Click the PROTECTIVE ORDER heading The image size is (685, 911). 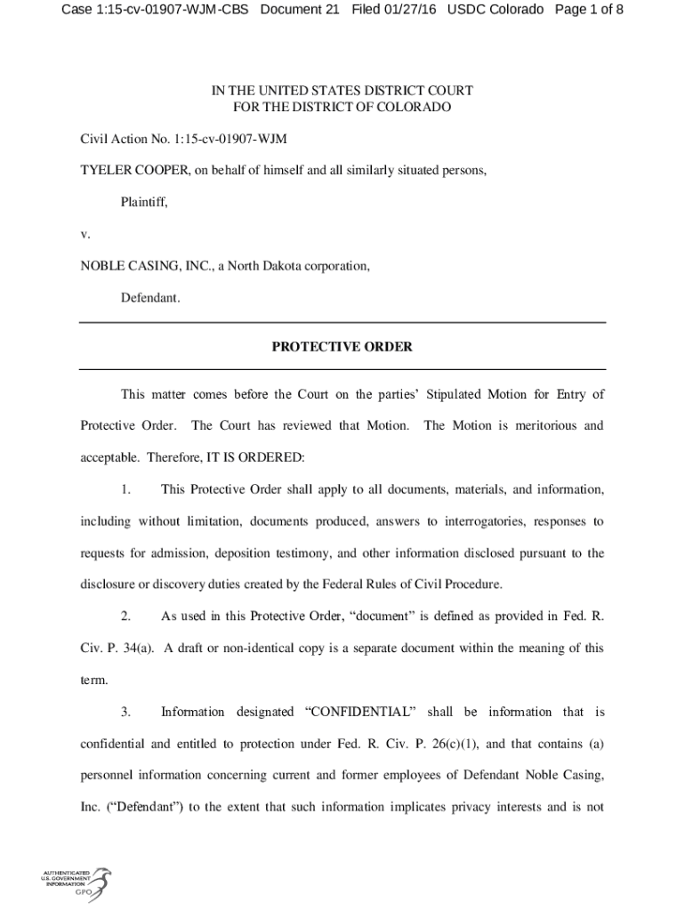(x=342, y=347)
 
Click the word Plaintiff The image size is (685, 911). (x=144, y=202)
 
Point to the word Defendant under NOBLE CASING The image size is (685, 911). (x=150, y=298)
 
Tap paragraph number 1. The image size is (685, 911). (x=125, y=489)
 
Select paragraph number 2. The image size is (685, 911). (x=125, y=616)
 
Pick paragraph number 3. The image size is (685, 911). (x=125, y=712)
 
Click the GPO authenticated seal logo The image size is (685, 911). (x=77, y=882)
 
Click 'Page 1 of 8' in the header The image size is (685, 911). (x=588, y=11)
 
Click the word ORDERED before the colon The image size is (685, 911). (x=269, y=457)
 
